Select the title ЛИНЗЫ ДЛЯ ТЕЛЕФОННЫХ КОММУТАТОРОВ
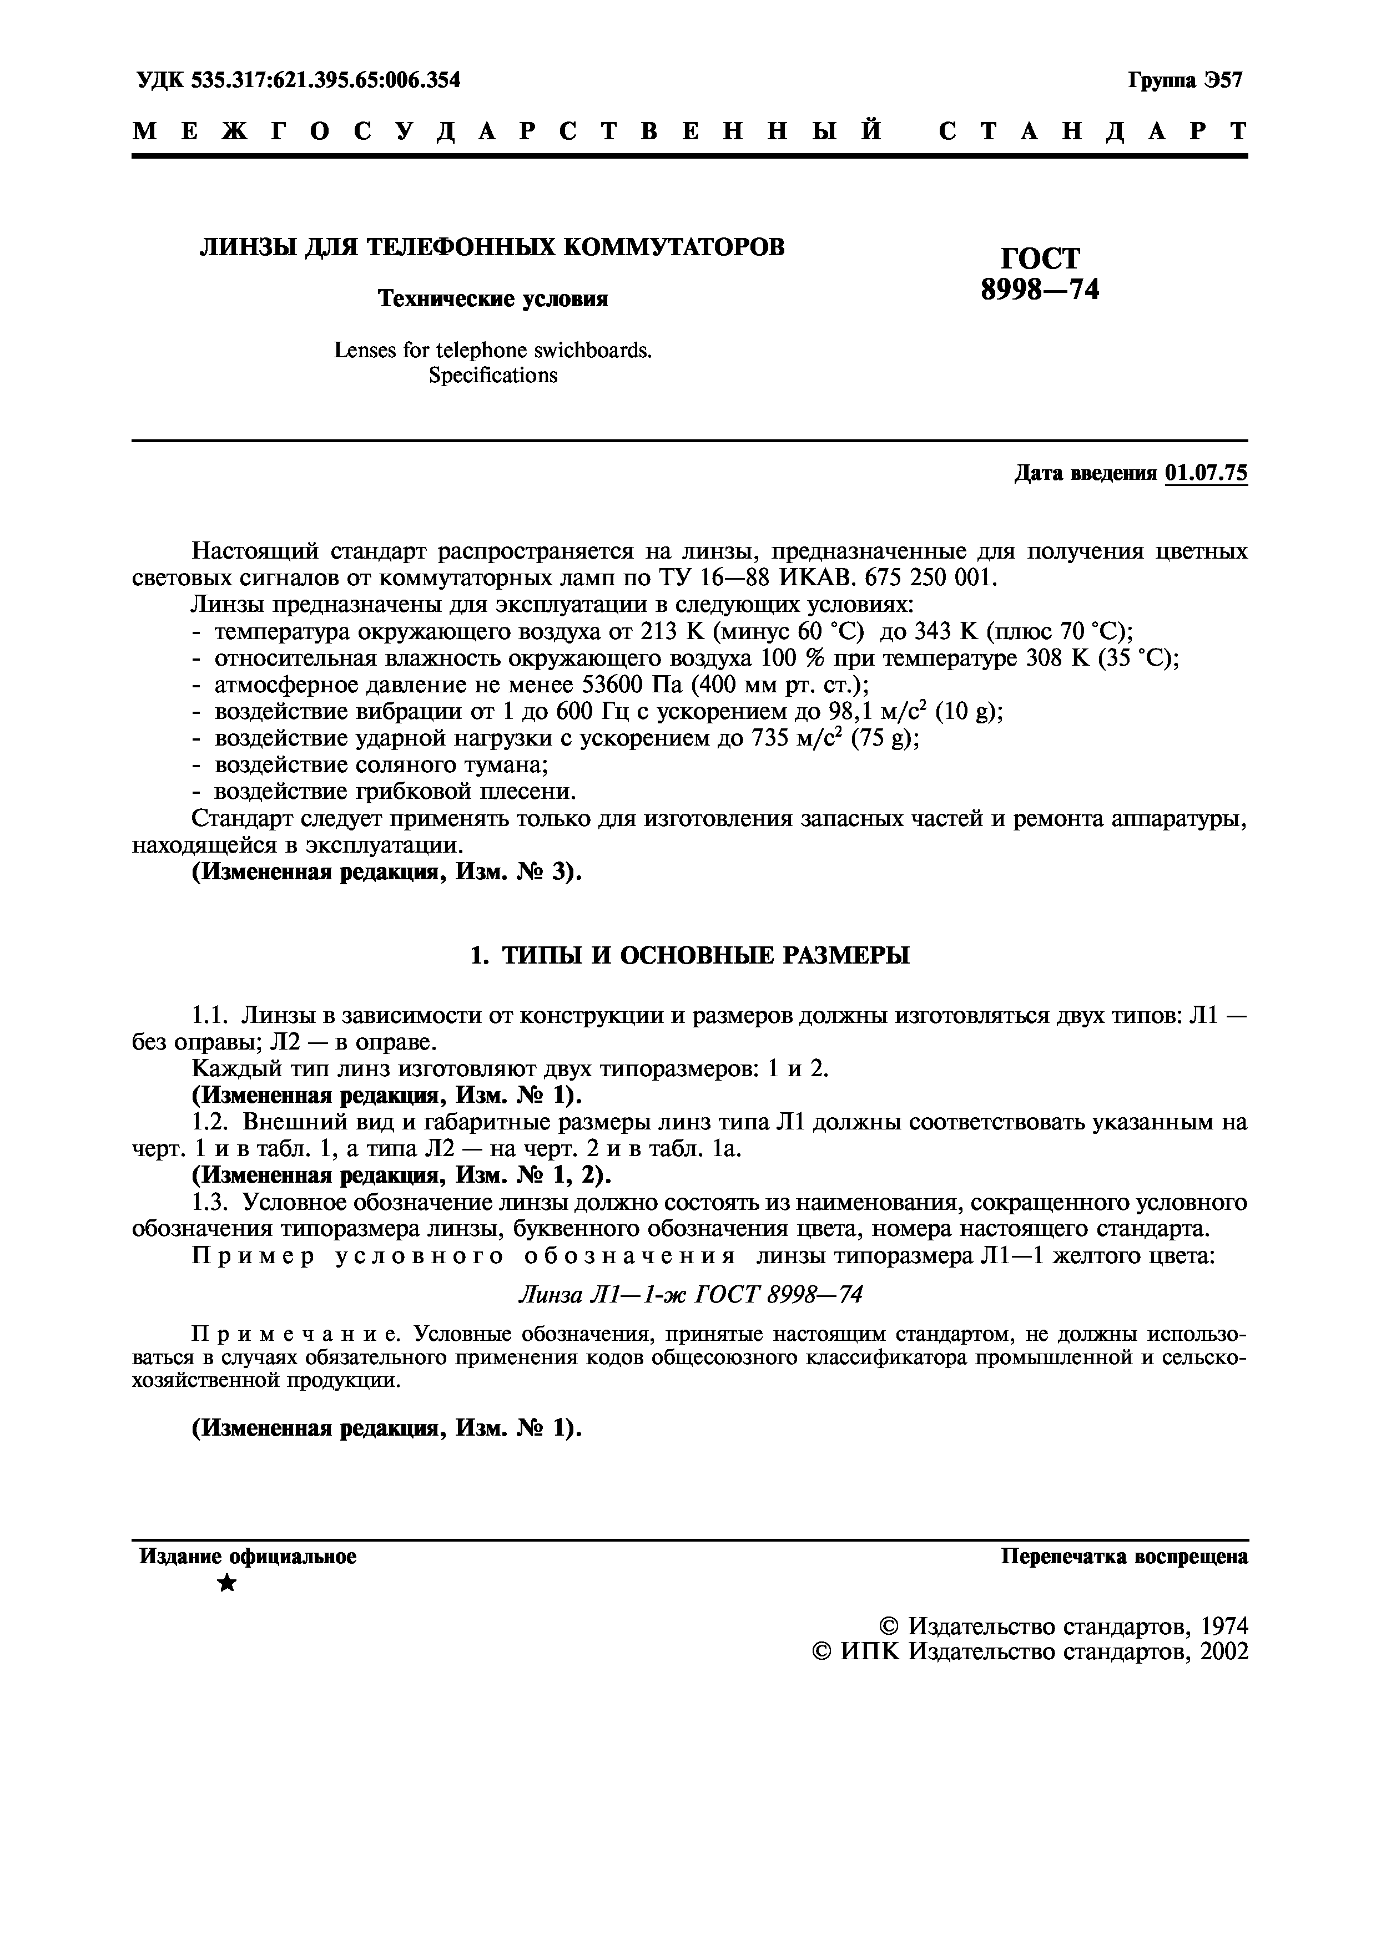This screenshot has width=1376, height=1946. point(492,247)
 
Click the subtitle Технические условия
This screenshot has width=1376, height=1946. point(492,298)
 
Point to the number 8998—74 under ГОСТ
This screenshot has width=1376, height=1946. point(1040,290)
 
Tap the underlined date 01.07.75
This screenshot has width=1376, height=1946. point(1207,473)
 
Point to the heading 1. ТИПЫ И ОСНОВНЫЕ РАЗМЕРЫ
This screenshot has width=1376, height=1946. point(689,955)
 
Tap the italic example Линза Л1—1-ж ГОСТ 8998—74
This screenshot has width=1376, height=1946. point(689,1294)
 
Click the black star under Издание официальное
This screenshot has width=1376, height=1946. point(227,1582)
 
